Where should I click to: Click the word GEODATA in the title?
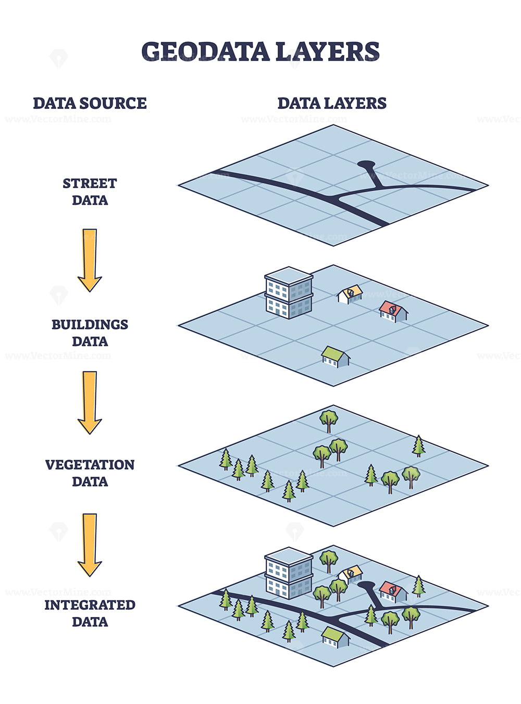pos(205,51)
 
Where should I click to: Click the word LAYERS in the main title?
pos(328,51)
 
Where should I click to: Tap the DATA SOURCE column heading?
pos(90,103)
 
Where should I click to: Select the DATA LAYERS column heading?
pos(332,103)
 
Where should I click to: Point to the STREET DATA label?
pos(90,192)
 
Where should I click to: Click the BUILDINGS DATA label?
pos(90,333)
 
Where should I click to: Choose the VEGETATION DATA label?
pos(90,473)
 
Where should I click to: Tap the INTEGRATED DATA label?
pos(90,613)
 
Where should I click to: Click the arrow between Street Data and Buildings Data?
pos(90,260)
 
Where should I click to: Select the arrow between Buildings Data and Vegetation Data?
pos(90,402)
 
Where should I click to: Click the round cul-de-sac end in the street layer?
pos(366,165)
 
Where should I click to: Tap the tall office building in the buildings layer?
pos(289,293)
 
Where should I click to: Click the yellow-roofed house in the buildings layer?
pos(350,294)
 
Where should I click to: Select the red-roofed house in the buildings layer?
pos(393,312)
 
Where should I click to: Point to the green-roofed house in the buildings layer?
pos(336,357)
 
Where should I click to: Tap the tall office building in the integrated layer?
pos(289,573)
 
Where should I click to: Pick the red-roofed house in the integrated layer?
pos(393,592)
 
